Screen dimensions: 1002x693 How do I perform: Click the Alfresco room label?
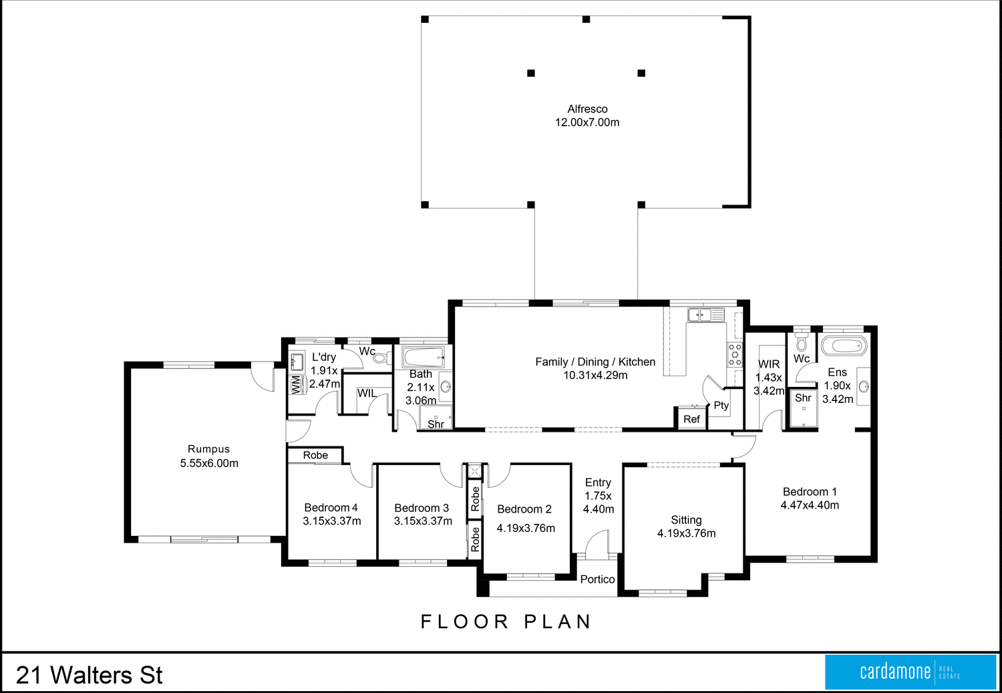coord(587,109)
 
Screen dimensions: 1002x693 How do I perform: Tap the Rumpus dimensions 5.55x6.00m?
coord(209,464)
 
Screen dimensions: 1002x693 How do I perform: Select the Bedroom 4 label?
coord(331,508)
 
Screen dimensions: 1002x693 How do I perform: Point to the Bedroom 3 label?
coord(422,509)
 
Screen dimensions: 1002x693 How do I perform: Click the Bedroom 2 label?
coord(524,509)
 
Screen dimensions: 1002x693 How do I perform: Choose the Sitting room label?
coord(686,520)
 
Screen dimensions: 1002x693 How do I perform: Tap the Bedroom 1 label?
coord(810,492)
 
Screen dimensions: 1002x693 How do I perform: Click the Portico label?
coord(597,579)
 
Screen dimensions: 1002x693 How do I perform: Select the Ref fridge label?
coord(691,419)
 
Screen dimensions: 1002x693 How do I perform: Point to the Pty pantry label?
coord(721,406)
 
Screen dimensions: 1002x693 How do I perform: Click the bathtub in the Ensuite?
coord(844,345)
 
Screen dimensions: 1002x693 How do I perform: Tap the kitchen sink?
coord(706,315)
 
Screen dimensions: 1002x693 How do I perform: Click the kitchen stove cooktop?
coord(735,354)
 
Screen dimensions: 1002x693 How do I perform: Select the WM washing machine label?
coord(296,385)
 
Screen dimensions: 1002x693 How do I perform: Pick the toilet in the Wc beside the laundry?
coord(381,358)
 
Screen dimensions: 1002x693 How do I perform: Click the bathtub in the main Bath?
coord(423,357)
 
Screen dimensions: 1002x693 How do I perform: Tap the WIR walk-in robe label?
coord(769,365)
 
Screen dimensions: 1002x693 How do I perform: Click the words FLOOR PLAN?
coord(506,622)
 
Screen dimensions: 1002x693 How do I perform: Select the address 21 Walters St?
coord(89,675)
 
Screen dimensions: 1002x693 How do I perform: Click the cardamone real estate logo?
coord(910,672)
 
